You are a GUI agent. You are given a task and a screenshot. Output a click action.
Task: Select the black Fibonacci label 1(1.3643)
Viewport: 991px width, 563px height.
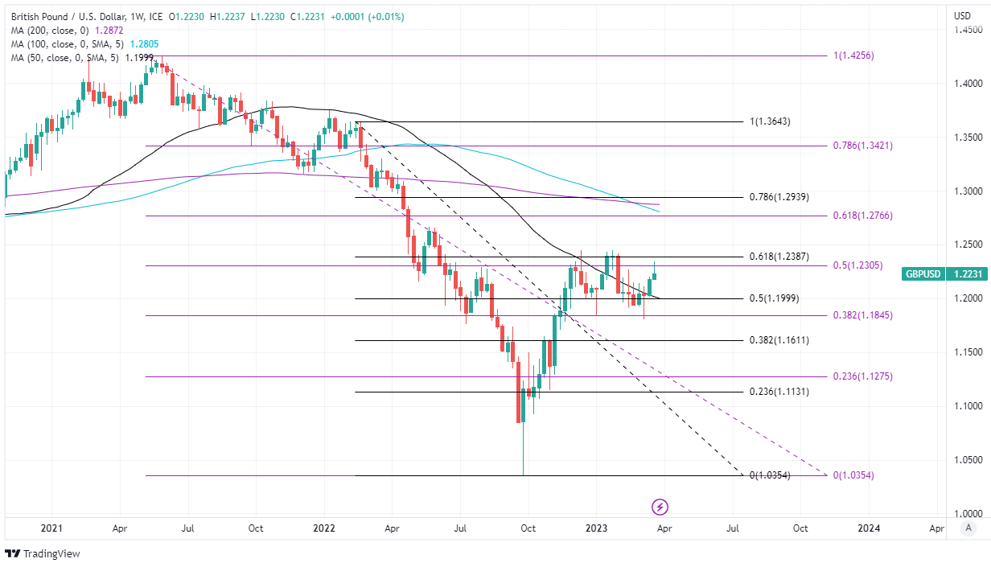(770, 121)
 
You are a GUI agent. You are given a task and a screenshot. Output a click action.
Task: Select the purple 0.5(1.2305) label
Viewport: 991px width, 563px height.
(858, 265)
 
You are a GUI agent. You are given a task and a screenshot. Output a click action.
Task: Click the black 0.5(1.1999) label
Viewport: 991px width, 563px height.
(773, 298)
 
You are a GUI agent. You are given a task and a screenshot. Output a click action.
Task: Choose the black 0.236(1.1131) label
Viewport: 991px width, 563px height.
(779, 392)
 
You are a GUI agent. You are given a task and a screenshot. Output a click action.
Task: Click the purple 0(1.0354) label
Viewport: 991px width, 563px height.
(853, 475)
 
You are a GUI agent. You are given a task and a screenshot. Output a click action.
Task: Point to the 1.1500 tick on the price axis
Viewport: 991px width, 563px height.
(968, 352)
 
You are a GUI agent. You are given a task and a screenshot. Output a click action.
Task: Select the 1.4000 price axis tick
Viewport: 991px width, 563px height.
(968, 84)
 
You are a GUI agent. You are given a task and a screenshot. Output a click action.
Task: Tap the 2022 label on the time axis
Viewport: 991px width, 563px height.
(323, 528)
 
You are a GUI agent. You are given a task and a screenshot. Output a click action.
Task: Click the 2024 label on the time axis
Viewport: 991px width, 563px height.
(869, 528)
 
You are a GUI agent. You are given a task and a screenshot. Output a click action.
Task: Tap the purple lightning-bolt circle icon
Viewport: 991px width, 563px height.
(660, 507)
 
